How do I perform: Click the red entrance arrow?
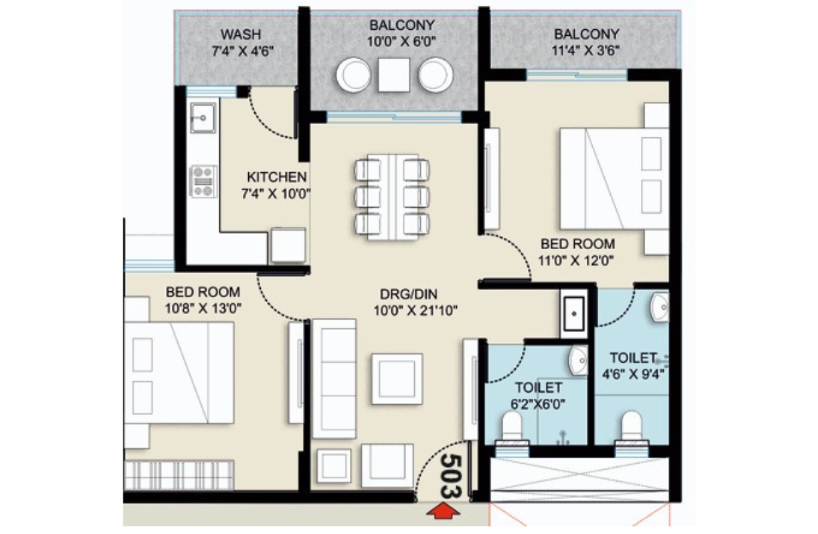(442, 512)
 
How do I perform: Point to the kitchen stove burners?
(203, 180)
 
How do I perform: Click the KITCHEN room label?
(271, 177)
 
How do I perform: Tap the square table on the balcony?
(394, 75)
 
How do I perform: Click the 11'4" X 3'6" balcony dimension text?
(586, 50)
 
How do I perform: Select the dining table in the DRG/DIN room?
(391, 195)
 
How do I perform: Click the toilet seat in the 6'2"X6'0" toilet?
(513, 425)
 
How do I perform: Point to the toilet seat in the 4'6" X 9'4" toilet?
(631, 425)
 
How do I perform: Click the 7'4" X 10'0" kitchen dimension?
(275, 193)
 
